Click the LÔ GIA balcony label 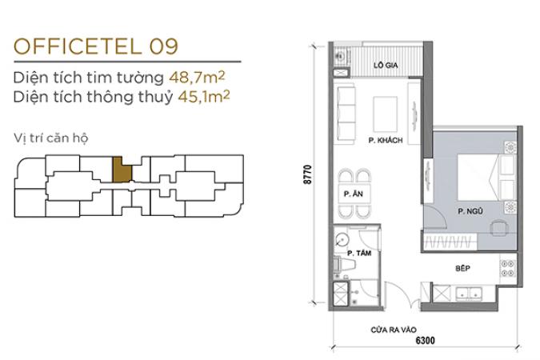(386, 65)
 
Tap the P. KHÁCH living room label (386, 140)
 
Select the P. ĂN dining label (354, 194)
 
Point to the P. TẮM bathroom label (359, 254)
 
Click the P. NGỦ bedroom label (470, 211)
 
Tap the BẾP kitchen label (463, 268)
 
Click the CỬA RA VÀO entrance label (394, 330)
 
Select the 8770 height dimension (307, 174)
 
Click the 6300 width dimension (426, 341)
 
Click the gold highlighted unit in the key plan (122, 170)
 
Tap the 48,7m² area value (197, 77)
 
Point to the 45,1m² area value (203, 97)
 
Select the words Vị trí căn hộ (50, 138)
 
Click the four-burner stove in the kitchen (507, 268)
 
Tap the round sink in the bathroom (342, 239)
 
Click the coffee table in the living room (386, 114)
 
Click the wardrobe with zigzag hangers (450, 242)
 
